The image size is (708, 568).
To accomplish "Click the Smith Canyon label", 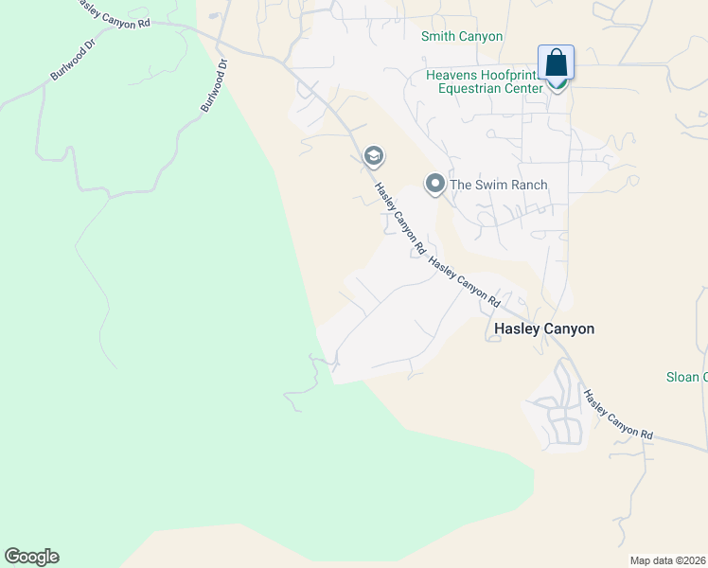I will [x=462, y=36].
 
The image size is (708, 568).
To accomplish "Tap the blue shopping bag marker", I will [x=557, y=64].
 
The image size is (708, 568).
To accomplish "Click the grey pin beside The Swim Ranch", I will [x=434, y=183].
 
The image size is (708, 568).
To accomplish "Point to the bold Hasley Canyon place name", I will [x=544, y=328].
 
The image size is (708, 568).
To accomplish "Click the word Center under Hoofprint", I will [x=524, y=89].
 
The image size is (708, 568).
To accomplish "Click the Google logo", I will [x=31, y=556].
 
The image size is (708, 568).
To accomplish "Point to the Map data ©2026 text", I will [x=667, y=560].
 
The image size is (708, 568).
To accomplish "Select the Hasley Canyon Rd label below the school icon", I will [x=398, y=219].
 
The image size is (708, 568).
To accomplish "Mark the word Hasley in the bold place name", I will [x=517, y=328].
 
